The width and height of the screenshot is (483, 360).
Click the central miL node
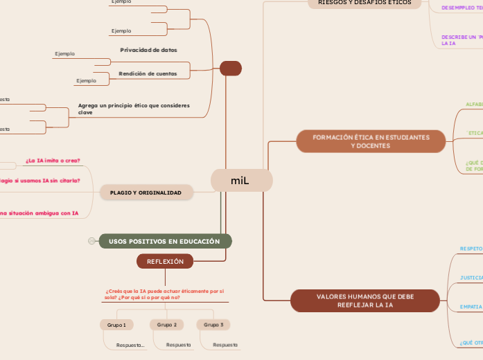coord(241,181)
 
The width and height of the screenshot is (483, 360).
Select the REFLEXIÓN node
coord(165,261)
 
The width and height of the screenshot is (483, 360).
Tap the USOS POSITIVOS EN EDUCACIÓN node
coord(165,241)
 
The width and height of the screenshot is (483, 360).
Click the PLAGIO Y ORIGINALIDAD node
coord(146,192)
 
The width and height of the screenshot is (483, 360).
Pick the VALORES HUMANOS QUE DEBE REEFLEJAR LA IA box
coord(365,300)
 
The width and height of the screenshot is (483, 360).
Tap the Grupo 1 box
coord(116,325)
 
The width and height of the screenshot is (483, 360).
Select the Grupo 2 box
coord(166,325)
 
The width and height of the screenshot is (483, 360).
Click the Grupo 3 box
coord(213,325)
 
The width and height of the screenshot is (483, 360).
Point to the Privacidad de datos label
coord(148,50)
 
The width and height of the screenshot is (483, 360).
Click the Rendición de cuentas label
coord(148,73)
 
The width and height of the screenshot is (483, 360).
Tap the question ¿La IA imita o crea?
coord(53,161)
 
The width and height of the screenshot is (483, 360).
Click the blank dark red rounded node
coord(230,68)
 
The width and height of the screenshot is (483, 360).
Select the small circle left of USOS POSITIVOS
coord(91,241)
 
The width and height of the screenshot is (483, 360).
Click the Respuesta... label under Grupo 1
coord(130,345)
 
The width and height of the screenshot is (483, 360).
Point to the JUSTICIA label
coord(471,278)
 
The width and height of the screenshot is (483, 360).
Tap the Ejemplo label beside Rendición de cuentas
coord(87,80)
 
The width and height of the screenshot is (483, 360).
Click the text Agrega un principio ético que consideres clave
coord(134,109)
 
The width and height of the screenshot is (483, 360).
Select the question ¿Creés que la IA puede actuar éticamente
coord(165,294)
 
